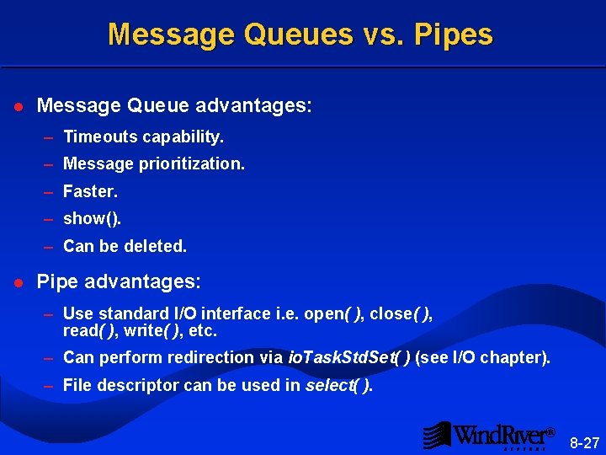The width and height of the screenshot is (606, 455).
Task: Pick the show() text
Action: tap(93, 219)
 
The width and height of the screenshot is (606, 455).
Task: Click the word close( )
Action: tap(401, 314)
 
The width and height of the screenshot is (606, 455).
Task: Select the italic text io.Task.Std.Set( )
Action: tap(349, 357)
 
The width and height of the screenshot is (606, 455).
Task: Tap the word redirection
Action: tap(223, 357)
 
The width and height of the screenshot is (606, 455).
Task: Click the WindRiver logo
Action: tap(488, 436)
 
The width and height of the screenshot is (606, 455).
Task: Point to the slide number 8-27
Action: tap(585, 442)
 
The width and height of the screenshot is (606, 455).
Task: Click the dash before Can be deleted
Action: tap(50, 246)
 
